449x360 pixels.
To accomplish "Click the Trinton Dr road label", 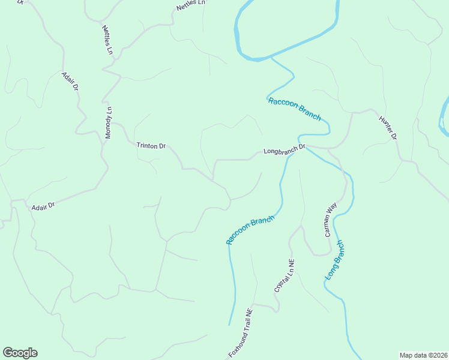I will [x=151, y=145].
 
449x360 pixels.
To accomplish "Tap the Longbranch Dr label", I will [x=285, y=149].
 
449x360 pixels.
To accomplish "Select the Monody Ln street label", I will [x=109, y=123].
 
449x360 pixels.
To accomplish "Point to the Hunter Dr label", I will [x=388, y=127].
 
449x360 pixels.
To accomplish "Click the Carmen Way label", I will [x=331, y=220].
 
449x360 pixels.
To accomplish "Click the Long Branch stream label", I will [x=334, y=260].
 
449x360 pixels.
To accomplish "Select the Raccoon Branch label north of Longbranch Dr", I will [x=294, y=109].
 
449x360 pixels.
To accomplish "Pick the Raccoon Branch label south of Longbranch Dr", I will [x=250, y=230].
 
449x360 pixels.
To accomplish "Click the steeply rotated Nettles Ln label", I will [x=107, y=40].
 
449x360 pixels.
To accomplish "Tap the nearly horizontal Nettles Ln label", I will [x=191, y=5].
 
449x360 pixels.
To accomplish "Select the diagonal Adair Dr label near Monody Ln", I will [x=70, y=81].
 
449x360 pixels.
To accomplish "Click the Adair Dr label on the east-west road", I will [x=43, y=205].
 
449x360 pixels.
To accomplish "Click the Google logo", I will [x=20, y=353].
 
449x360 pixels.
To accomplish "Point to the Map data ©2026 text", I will [x=423, y=355].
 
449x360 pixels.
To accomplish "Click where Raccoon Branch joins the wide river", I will [x=271, y=58].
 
